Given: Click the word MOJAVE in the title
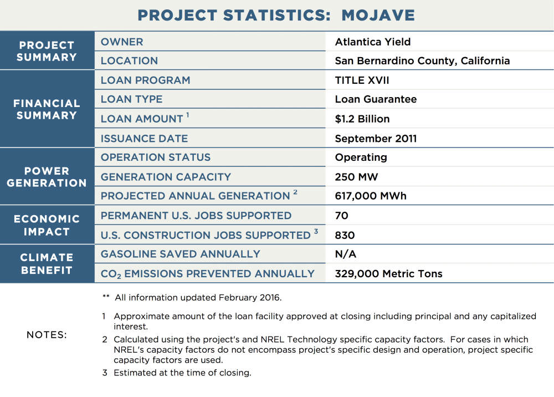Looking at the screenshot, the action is click(x=378, y=15).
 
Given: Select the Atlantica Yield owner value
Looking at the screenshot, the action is click(x=373, y=42).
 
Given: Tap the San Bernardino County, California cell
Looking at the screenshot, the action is click(x=422, y=61).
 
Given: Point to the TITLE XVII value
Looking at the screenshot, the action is click(x=362, y=80).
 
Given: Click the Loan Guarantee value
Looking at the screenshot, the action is click(x=376, y=99).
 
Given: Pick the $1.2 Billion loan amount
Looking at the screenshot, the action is click(x=362, y=119).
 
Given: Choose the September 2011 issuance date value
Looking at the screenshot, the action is click(x=376, y=138).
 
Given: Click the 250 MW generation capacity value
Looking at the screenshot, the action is click(x=356, y=177).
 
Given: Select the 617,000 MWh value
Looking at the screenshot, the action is click(x=371, y=196).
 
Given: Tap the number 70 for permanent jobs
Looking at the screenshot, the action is click(x=342, y=215).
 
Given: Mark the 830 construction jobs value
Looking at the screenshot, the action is click(x=345, y=235).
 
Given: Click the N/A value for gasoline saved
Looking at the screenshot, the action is click(x=346, y=254).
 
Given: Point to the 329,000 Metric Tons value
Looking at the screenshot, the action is click(x=389, y=273).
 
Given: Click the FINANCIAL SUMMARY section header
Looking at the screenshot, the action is click(x=47, y=109).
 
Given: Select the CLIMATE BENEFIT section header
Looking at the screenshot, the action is click(x=47, y=264).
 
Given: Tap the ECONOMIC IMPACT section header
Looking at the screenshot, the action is click(x=47, y=225).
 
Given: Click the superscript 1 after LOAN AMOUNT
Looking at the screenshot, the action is click(x=188, y=115).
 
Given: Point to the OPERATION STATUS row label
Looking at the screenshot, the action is click(x=156, y=157).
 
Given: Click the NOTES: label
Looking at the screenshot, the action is click(x=47, y=335).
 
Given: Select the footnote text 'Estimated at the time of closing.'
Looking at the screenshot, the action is click(x=182, y=373).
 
